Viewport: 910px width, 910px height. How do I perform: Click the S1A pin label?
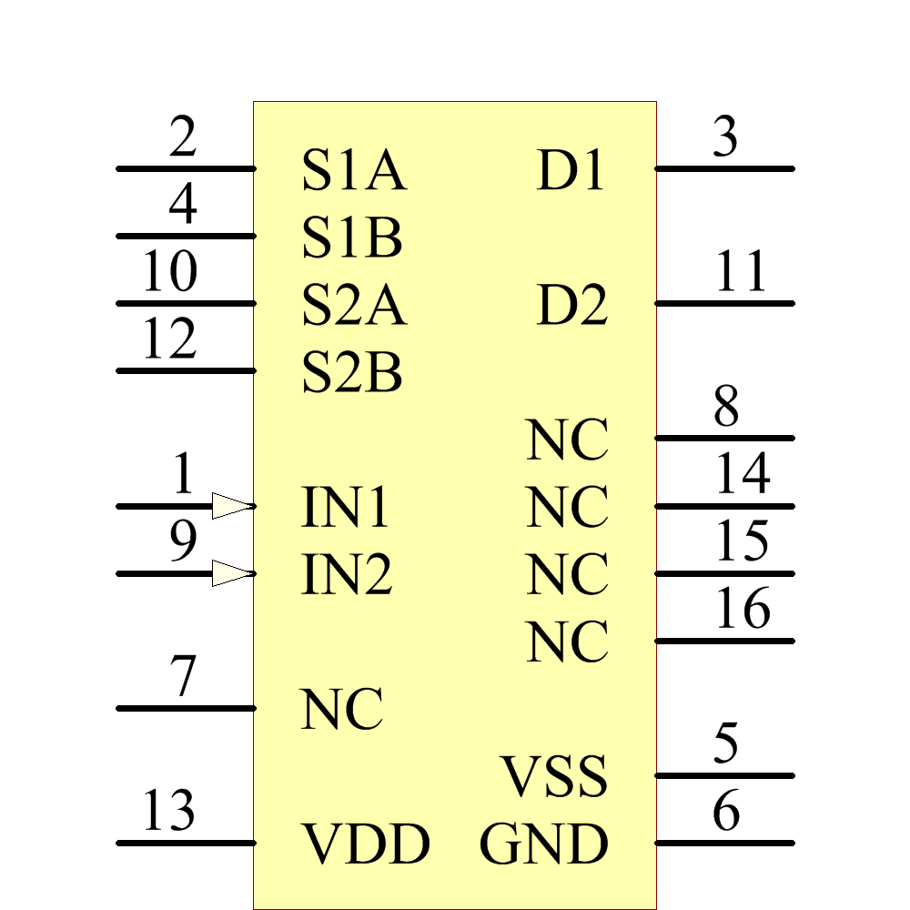[353, 171]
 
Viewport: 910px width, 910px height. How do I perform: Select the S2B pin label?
[352, 373]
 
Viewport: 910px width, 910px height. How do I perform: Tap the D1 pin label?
[571, 171]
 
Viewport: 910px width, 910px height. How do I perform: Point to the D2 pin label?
[571, 306]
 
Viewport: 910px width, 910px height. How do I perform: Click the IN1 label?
[345, 508]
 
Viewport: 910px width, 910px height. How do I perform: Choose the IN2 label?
[347, 575]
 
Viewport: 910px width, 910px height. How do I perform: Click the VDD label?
[366, 844]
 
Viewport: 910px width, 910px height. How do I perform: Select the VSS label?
[554, 777]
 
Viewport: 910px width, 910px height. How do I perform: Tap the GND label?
[544, 844]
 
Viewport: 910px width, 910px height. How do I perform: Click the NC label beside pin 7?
[342, 710]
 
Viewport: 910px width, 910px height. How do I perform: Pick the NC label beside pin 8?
[567, 440]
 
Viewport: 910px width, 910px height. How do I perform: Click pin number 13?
[169, 811]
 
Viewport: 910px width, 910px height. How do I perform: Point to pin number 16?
[743, 609]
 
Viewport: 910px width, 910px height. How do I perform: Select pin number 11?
[741, 272]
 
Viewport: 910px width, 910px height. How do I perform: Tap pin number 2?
[183, 138]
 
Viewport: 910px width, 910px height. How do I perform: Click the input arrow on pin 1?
[231, 506]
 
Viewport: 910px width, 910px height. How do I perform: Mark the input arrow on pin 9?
[231, 573]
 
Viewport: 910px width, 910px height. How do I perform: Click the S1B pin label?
[352, 238]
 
